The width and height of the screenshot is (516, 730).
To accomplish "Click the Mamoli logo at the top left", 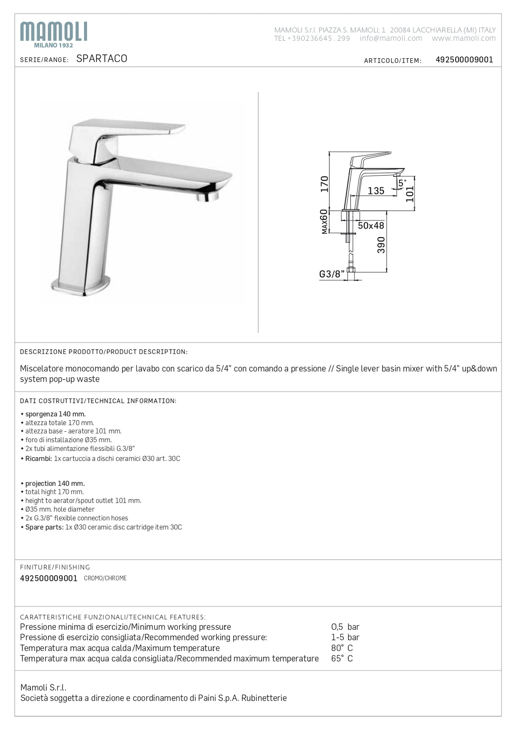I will (54, 34).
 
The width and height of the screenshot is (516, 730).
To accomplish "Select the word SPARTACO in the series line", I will (102, 59).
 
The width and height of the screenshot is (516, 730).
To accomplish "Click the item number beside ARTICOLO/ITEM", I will (464, 60).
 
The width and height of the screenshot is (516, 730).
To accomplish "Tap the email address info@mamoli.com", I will (391, 38).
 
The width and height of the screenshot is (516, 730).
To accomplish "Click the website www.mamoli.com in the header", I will (464, 38).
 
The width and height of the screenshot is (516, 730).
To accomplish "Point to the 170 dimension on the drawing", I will (325, 184).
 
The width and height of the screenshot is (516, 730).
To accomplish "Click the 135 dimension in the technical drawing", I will (376, 191).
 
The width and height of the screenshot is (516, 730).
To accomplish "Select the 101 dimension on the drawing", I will (410, 193).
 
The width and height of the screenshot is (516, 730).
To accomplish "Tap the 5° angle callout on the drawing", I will (402, 183).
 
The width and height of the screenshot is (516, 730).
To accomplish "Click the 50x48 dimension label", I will (371, 226).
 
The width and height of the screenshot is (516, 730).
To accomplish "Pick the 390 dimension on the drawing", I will (381, 245).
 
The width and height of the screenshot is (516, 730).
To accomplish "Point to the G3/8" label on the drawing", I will (332, 274).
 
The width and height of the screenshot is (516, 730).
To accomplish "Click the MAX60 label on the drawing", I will (324, 221).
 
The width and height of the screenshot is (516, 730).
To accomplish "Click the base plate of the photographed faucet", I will (81, 288).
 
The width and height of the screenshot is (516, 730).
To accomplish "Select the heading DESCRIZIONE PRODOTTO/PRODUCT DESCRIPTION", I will (104, 352).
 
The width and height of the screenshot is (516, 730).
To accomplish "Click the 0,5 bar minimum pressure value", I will (345, 627).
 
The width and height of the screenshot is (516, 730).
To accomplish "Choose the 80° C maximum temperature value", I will (342, 648).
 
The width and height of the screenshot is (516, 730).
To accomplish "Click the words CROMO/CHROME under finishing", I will (105, 578).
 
